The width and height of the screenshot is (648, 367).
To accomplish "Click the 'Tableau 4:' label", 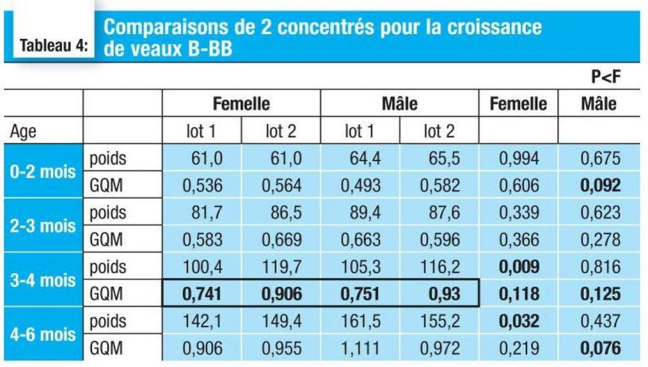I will tap(53, 46).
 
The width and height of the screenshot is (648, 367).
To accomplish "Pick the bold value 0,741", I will tap(202, 294).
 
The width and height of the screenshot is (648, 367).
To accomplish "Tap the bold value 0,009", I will tap(519, 268).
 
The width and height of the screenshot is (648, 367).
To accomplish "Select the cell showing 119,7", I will tap(282, 268).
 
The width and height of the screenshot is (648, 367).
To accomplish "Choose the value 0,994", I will tap(519, 159).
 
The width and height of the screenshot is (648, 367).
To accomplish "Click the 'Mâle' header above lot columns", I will tap(399, 104).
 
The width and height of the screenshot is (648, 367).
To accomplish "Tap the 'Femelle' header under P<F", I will tap(519, 104).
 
